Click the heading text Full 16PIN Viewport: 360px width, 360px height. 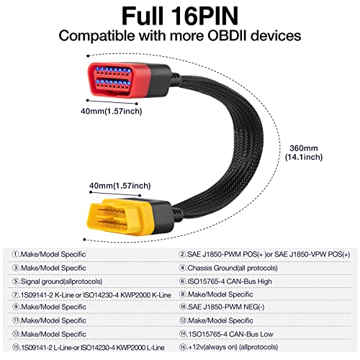tap(180, 15)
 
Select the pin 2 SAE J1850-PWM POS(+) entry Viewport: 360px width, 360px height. tap(264, 253)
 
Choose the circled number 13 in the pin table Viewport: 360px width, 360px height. tap(18, 335)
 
